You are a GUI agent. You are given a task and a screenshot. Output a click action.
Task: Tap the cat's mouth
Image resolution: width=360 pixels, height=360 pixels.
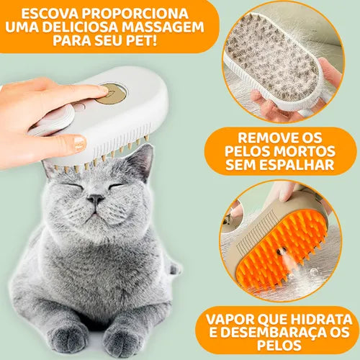pos(94,210)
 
